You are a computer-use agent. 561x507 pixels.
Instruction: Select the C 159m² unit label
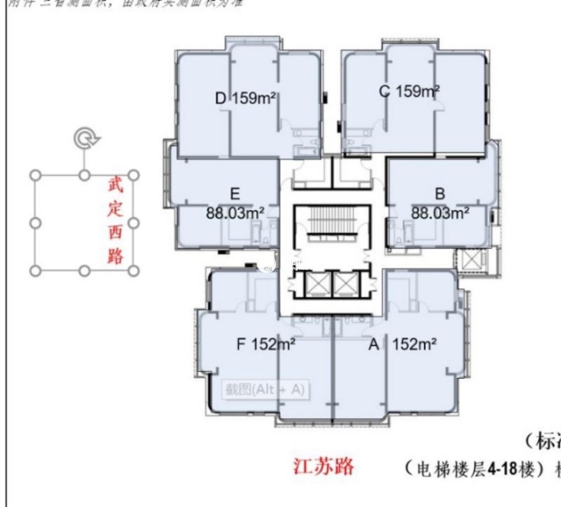pos(409,92)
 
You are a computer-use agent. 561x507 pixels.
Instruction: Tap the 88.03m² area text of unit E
pos(235,213)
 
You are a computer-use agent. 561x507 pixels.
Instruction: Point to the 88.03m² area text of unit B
pos(440,213)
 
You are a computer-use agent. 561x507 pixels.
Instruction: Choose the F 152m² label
pos(266,344)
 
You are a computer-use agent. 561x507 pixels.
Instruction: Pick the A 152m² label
pos(402,344)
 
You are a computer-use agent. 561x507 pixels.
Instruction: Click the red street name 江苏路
pos(324,466)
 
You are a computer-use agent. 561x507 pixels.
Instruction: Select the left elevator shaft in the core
pos(314,284)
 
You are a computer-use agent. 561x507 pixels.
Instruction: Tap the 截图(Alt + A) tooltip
pos(265,390)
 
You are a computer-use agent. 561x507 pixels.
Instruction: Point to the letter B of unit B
pos(440,194)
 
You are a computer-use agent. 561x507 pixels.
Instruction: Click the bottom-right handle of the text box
pos(133,270)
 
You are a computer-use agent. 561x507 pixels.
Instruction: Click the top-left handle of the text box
pos(35,175)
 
